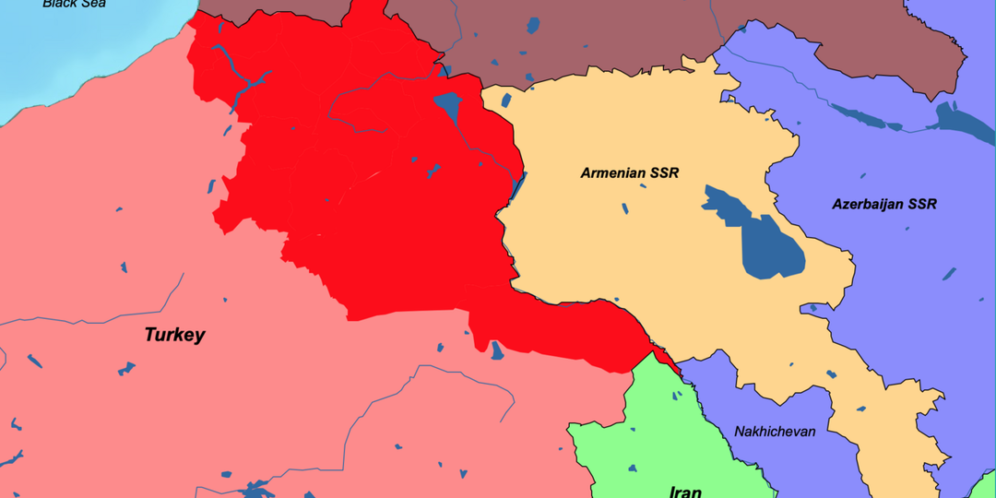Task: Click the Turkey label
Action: pyautogui.click(x=174, y=335)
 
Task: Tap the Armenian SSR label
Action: pyautogui.click(x=629, y=172)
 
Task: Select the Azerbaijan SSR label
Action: pyautogui.click(x=883, y=204)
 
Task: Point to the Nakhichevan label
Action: pyautogui.click(x=775, y=432)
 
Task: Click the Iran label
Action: pyautogui.click(x=684, y=491)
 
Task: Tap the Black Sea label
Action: pyautogui.click(x=74, y=4)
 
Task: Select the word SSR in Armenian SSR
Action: pyautogui.click(x=662, y=172)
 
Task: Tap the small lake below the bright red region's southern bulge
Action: pyautogui.click(x=498, y=350)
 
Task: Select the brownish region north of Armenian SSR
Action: pyautogui.click(x=572, y=37)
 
